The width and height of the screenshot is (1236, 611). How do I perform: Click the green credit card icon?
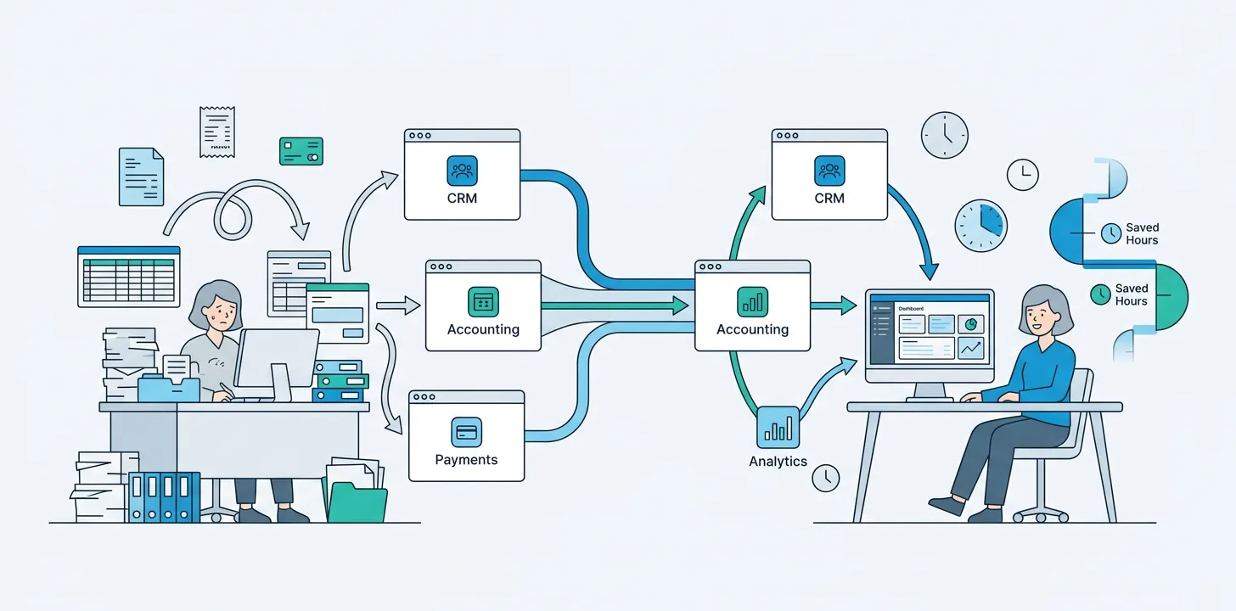click(301, 151)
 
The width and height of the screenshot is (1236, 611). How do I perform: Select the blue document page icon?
click(141, 177)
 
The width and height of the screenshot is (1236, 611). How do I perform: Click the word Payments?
click(466, 460)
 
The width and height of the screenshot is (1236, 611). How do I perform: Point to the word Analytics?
click(778, 462)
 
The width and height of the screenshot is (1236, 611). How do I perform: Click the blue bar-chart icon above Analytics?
click(778, 427)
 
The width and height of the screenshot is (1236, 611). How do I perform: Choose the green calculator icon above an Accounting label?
click(483, 301)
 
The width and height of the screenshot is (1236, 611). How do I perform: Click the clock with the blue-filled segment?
click(980, 226)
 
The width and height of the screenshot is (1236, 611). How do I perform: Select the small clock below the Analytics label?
click(825, 478)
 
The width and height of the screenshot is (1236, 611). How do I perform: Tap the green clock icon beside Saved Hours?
click(1100, 294)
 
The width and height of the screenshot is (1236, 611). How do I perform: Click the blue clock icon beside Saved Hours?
click(1110, 233)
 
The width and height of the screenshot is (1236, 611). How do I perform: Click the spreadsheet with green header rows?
click(129, 277)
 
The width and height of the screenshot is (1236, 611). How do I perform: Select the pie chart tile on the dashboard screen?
click(970, 324)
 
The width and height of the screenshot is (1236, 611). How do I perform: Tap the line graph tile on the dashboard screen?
click(970, 348)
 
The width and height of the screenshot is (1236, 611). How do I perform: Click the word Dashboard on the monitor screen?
click(910, 310)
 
